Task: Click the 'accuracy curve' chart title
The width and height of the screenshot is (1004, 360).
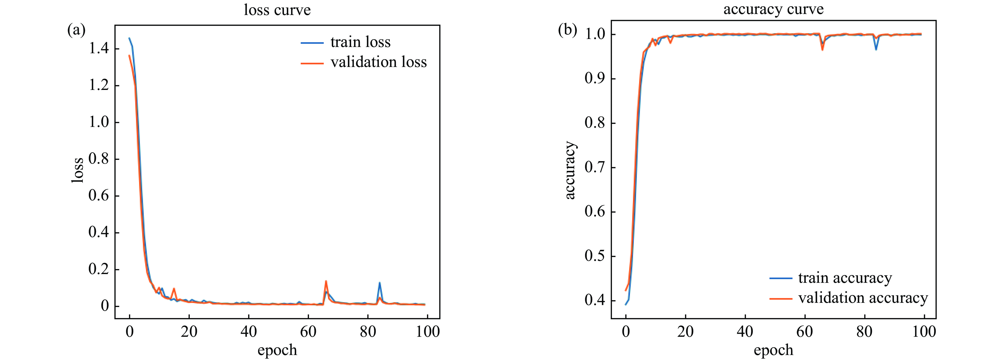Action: coord(773,9)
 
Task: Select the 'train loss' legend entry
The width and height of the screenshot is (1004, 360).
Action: coord(360,42)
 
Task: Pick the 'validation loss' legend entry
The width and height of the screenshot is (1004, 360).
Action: coord(378,62)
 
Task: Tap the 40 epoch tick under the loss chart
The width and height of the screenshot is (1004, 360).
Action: coord(249,332)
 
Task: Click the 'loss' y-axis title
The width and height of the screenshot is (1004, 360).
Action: coord(77,170)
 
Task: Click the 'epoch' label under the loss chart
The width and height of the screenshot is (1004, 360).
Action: coord(277,350)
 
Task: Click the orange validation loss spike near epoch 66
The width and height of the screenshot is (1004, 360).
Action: coord(326,281)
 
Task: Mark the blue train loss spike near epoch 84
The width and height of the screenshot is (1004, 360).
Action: coord(379,283)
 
